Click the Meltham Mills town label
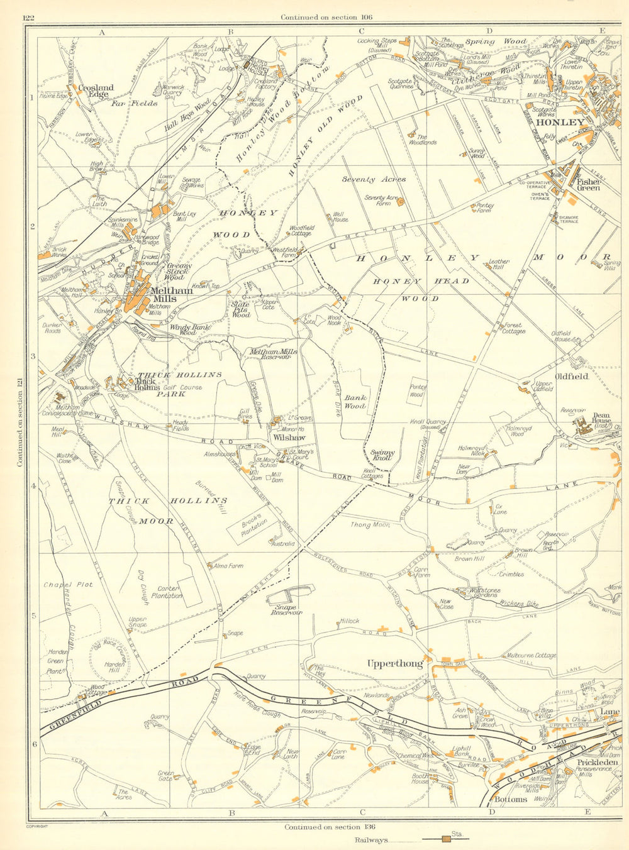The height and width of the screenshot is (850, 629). coord(166,295)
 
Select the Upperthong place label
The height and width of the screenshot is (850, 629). coord(395,663)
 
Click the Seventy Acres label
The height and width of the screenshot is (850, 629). coord(374,179)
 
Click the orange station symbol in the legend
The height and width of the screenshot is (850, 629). coord(445,839)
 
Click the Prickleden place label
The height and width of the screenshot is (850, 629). coord(588,763)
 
